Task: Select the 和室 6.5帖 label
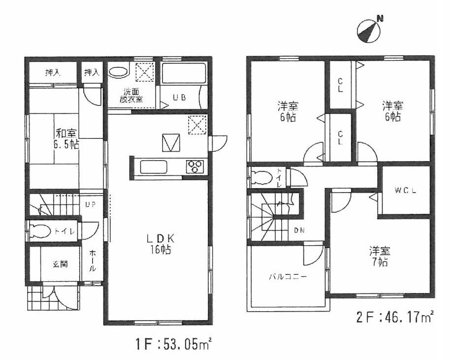coord(67,138)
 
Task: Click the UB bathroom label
coord(179,97)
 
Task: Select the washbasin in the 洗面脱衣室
coord(118,72)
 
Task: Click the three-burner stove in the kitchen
coord(194,166)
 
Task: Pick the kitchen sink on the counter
coord(154,167)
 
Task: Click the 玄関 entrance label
coord(60,264)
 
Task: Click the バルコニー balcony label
coord(288,277)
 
